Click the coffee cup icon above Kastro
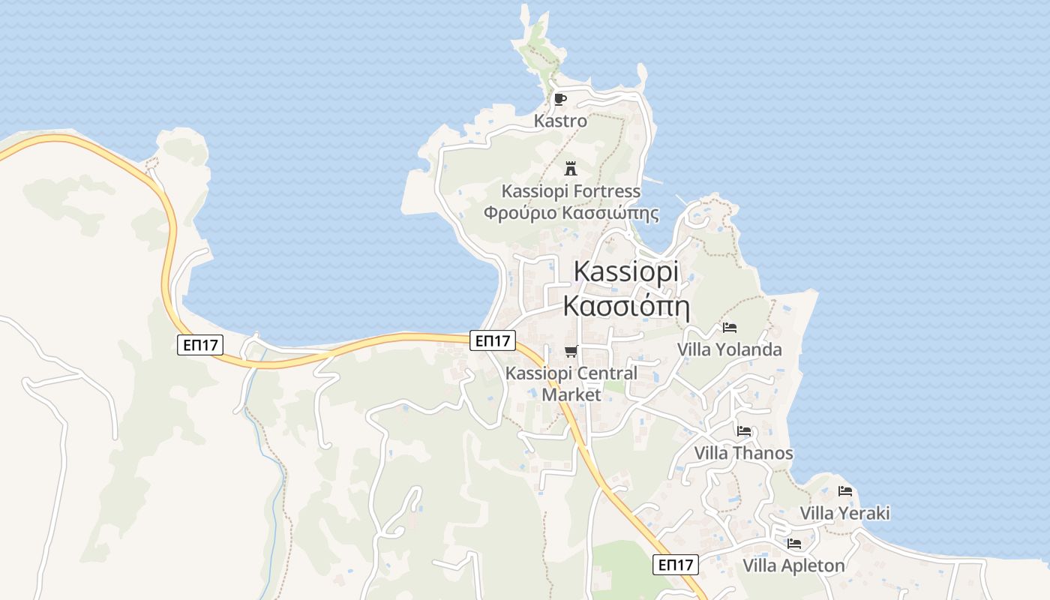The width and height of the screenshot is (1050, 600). pyautogui.click(x=560, y=99)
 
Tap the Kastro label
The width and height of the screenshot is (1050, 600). pyautogui.click(x=560, y=120)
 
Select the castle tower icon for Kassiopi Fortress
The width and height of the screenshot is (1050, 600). pyautogui.click(x=570, y=167)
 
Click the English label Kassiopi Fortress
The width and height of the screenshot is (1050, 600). pyautogui.click(x=571, y=191)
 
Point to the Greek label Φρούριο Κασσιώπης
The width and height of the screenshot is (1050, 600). pyautogui.click(x=571, y=213)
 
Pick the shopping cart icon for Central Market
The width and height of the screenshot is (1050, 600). pyautogui.click(x=571, y=351)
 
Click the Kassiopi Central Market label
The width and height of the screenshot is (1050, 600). pyautogui.click(x=571, y=383)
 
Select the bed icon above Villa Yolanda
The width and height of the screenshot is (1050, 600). pyautogui.click(x=729, y=328)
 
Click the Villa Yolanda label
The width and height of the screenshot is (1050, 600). pyautogui.click(x=729, y=349)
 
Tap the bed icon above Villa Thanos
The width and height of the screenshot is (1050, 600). pyautogui.click(x=743, y=431)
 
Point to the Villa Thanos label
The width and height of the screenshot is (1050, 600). pyautogui.click(x=743, y=453)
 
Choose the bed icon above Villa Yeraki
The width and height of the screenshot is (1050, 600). pyautogui.click(x=845, y=492)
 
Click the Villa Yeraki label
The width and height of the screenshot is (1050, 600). pyautogui.click(x=845, y=514)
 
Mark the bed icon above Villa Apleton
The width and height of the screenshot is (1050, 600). pyautogui.click(x=794, y=544)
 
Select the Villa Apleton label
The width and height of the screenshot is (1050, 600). pyautogui.click(x=794, y=565)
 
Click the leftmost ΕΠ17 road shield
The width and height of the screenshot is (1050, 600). pyautogui.click(x=200, y=345)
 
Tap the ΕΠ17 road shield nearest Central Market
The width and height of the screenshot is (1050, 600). pyautogui.click(x=493, y=340)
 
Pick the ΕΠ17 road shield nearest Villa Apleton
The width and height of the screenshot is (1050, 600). pyautogui.click(x=675, y=565)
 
